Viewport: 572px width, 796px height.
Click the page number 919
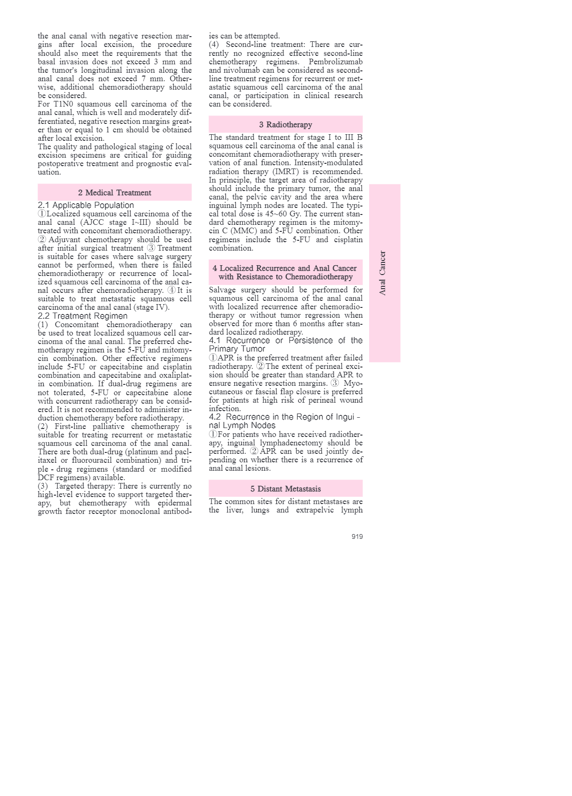[x=357, y=536]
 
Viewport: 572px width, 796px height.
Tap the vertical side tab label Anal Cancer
[x=383, y=273]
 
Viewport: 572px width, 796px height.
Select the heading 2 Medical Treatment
[x=115, y=192]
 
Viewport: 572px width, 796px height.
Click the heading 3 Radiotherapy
[x=286, y=124]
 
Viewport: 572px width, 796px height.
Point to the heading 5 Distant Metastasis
[x=286, y=489]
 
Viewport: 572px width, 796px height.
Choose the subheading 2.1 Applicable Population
[x=86, y=205]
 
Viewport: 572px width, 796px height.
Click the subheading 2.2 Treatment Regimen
[x=83, y=316]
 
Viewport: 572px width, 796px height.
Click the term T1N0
[x=63, y=104]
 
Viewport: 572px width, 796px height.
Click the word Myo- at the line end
[x=353, y=383]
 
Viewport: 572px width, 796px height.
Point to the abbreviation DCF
[x=46, y=477]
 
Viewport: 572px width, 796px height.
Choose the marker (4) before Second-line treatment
[x=214, y=44]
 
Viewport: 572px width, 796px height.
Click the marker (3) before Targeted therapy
[x=43, y=486]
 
